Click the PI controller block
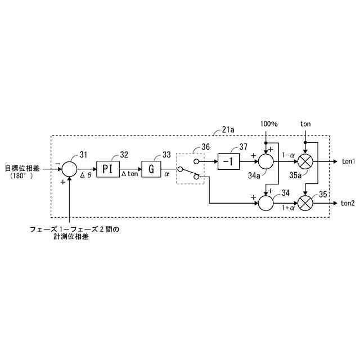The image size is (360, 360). point(108,168)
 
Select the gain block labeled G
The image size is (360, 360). point(151,168)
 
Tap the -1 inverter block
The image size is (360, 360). point(228,161)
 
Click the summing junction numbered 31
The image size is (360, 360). point(69,168)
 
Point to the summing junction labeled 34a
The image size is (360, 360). point(265,161)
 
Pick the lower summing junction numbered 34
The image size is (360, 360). point(265,202)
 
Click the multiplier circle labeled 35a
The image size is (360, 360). point(306,161)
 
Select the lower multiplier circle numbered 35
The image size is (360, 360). point(306,202)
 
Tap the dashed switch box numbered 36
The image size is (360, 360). point(190,168)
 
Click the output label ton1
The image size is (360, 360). point(348,161)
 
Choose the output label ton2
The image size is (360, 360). point(348,203)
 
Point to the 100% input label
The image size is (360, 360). point(268,124)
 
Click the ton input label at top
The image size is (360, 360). point(305,124)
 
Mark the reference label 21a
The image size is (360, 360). point(228,129)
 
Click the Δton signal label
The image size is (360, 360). point(129,175)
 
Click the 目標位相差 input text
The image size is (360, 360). point(22,168)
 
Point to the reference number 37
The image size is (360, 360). point(242,147)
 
